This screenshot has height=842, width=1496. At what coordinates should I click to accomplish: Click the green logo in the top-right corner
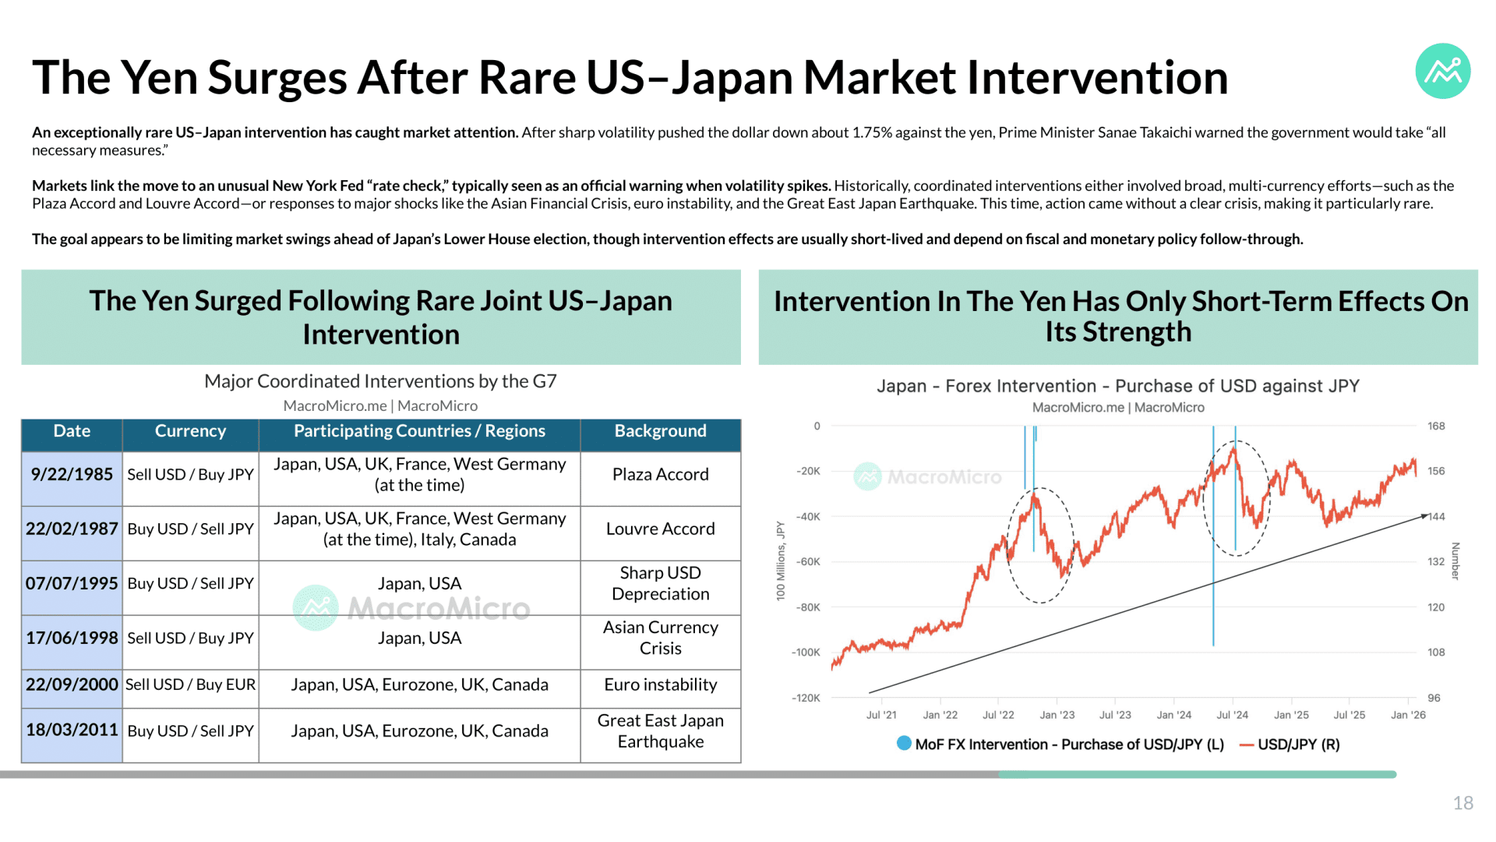pyautogui.click(x=1442, y=71)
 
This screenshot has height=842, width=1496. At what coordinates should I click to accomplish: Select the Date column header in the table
pyautogui.click(x=72, y=431)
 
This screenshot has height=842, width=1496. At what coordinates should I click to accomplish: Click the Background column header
pyautogui.click(x=660, y=431)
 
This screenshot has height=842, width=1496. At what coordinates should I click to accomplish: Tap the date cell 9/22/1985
pyautogui.click(x=72, y=475)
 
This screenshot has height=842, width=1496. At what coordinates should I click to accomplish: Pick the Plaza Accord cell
pyautogui.click(x=660, y=475)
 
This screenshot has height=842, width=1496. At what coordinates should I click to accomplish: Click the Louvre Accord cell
pyautogui.click(x=660, y=529)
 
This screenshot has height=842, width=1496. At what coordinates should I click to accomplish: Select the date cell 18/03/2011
pyautogui.click(x=72, y=731)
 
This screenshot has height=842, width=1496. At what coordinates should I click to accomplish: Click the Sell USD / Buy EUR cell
pyautogui.click(x=190, y=685)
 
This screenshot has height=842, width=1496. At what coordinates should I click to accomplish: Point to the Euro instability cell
pyautogui.click(x=660, y=685)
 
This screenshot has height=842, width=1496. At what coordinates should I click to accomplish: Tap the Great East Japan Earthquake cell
pyautogui.click(x=660, y=731)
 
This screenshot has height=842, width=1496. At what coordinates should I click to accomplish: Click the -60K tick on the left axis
pyautogui.click(x=807, y=562)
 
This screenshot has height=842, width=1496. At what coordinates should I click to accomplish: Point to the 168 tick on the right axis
pyautogui.click(x=1436, y=426)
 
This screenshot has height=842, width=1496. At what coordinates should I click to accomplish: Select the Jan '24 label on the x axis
pyautogui.click(x=1173, y=715)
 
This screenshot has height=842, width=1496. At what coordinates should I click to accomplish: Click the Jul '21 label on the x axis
pyautogui.click(x=881, y=715)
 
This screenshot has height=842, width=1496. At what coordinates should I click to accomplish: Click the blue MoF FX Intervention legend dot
pyautogui.click(x=904, y=744)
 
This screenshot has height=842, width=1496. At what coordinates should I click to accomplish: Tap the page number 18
pyautogui.click(x=1462, y=803)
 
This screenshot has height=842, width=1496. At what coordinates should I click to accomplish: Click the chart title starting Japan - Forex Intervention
pyautogui.click(x=1117, y=386)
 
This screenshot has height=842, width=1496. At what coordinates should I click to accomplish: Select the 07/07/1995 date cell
pyautogui.click(x=72, y=584)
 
